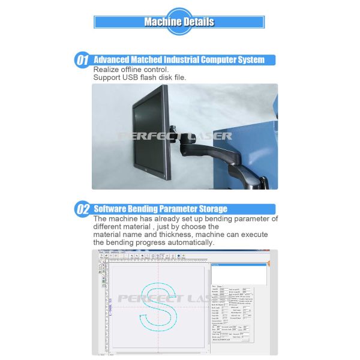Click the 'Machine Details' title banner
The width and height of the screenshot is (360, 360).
[x=179, y=22]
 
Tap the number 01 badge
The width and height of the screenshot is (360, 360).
[x=82, y=61]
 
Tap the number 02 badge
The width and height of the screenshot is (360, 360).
[x=82, y=209]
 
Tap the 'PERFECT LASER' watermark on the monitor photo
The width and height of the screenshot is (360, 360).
[x=174, y=136]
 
